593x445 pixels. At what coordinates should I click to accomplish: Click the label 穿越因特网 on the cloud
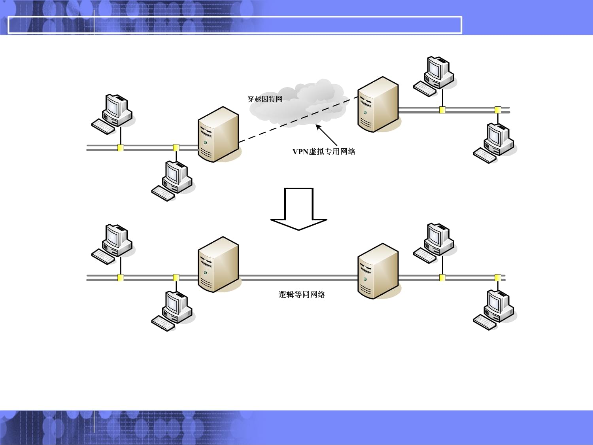point(265,99)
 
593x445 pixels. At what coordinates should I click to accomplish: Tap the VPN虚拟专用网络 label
point(324,151)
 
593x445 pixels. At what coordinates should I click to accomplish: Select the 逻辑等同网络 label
point(302,295)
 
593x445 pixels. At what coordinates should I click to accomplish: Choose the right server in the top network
point(378,104)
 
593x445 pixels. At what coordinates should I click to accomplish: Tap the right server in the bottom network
point(378,271)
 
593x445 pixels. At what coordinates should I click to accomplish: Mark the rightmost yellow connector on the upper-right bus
point(498,110)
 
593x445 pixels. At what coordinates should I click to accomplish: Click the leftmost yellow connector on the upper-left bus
point(121,148)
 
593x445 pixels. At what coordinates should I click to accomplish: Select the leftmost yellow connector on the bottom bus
point(121,278)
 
